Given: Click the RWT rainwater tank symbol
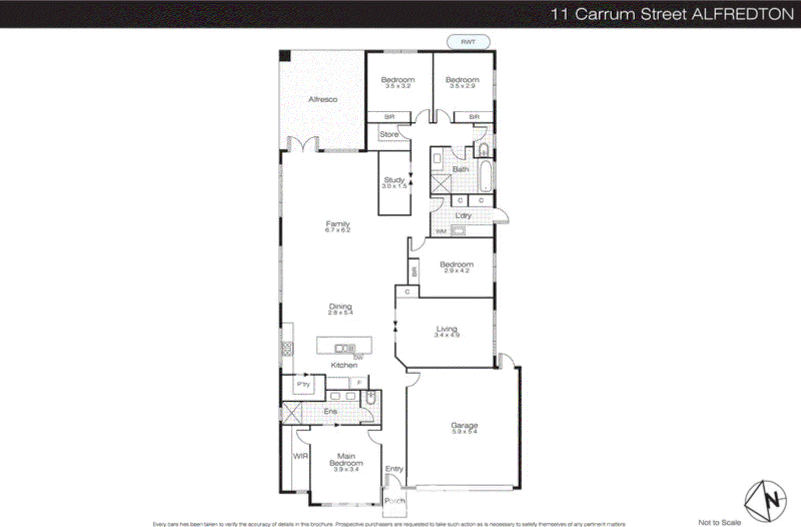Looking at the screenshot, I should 468,42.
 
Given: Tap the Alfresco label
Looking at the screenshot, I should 323,100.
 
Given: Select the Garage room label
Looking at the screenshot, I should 464,428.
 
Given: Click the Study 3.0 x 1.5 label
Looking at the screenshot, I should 394,182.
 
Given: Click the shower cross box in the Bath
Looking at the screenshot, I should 441,184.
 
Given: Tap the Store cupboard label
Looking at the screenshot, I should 389,134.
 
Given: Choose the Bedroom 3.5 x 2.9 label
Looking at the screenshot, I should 462,82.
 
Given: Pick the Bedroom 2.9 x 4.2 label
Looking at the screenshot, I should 456,267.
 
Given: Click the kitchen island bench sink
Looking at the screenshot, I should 344,348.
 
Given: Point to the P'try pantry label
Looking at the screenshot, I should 303,384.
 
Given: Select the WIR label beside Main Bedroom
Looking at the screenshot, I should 300,456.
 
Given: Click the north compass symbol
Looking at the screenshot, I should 766,500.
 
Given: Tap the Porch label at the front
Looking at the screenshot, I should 394,500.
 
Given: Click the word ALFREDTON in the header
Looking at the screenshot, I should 743,14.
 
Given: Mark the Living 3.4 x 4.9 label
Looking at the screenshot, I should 446,331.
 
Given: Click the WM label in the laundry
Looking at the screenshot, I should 441,231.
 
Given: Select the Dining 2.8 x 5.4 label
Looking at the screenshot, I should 340,309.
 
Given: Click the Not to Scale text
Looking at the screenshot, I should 719,522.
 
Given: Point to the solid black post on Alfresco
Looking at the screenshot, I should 285,56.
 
